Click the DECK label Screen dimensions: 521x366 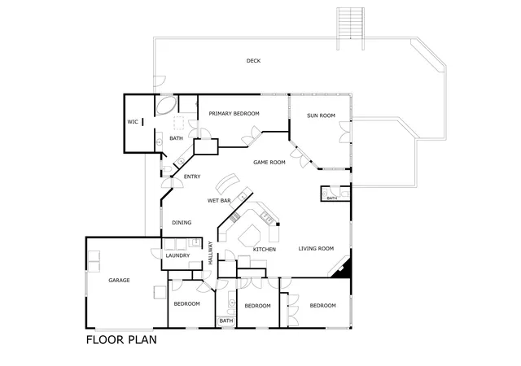253,61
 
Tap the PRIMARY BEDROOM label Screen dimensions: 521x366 234,114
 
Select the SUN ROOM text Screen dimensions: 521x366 321,115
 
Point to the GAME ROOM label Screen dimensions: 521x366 269,163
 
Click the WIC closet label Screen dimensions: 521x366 133,122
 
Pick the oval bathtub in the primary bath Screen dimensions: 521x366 166,106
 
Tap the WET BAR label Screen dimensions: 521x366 219,201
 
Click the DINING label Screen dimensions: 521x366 182,223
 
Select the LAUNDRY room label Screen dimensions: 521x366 177,255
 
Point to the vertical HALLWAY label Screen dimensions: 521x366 210,253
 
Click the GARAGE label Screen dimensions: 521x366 119,281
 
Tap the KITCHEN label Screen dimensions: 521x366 265,250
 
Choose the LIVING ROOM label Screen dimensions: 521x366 316,248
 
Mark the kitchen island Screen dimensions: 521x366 250,236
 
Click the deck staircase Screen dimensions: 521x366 351,24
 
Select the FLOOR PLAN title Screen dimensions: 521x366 121,340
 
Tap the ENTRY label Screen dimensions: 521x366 192,176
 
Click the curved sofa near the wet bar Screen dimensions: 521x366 227,183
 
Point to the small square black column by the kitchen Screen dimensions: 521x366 278,224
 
